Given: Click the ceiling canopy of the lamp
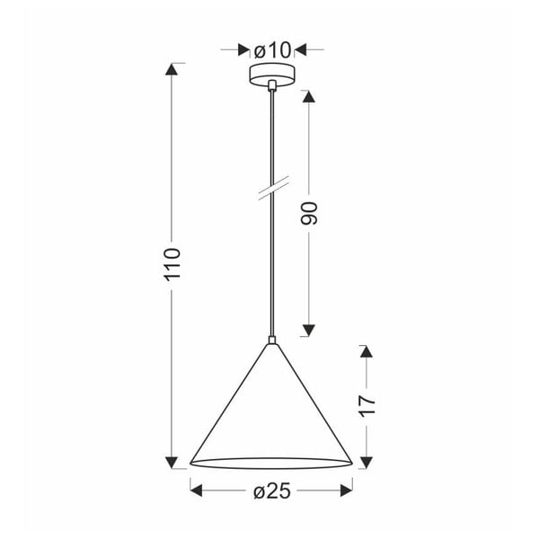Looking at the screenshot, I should click(270, 75).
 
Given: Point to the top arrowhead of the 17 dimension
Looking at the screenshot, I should click(366, 351).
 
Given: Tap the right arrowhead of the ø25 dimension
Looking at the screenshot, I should click(346, 491).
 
